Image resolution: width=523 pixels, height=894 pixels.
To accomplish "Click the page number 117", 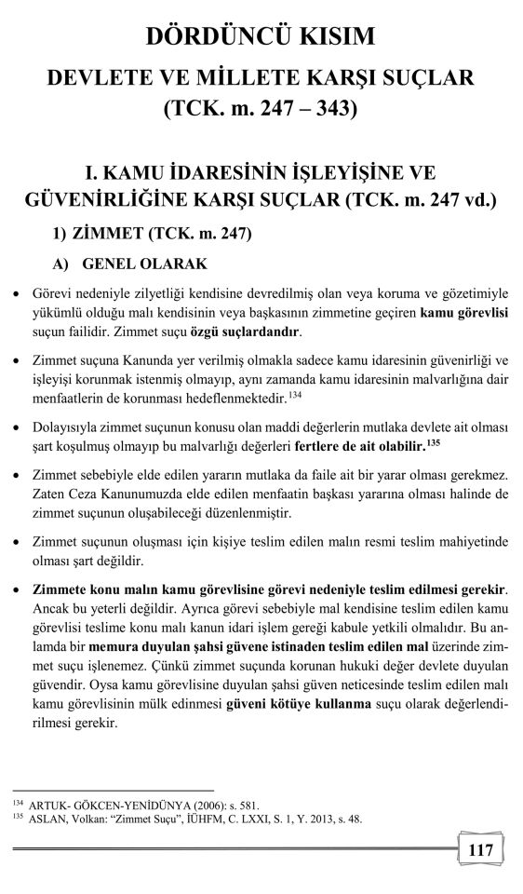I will pyautogui.click(x=481, y=850).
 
